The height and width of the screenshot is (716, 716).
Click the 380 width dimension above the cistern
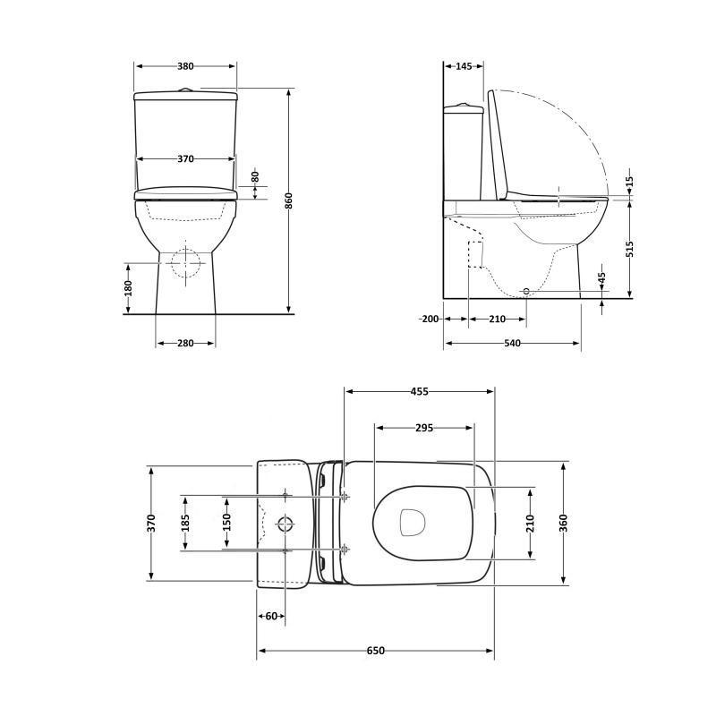(185, 66)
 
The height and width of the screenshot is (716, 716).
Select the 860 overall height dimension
(288, 202)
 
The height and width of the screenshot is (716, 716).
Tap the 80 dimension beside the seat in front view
(254, 177)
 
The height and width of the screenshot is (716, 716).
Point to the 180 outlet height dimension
(128, 288)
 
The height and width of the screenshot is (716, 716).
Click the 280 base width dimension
(185, 344)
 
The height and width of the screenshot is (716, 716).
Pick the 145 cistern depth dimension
(464, 66)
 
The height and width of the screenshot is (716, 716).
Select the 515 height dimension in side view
(629, 248)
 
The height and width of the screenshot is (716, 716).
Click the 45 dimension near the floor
(601, 279)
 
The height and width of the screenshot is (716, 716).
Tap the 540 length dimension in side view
(511, 344)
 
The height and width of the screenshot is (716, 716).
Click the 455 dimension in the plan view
(419, 391)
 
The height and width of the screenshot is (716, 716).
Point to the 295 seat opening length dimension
(424, 428)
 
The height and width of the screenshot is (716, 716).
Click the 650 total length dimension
(375, 651)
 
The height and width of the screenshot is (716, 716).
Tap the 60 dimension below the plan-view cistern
(271, 616)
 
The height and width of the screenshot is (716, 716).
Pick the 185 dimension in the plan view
(185, 522)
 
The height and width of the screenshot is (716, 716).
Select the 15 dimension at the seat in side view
(629, 181)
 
